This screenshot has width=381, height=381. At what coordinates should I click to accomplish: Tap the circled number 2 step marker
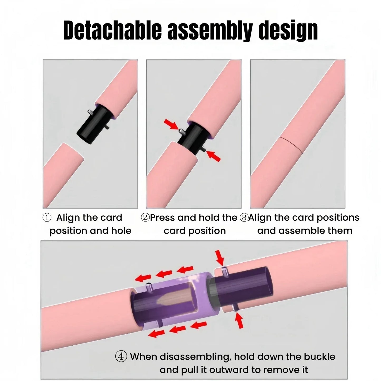(145, 218)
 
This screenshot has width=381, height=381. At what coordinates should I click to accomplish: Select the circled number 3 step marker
(244, 218)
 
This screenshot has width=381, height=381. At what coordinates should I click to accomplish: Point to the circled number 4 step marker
(121, 356)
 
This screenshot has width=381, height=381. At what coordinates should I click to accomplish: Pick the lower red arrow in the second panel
(213, 156)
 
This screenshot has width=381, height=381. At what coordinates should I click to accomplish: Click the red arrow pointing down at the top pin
(220, 258)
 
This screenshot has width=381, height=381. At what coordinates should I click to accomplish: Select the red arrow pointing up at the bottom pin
(239, 320)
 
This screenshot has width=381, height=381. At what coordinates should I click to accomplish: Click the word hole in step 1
(121, 231)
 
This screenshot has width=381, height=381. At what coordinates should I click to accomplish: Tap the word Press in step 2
(162, 218)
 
